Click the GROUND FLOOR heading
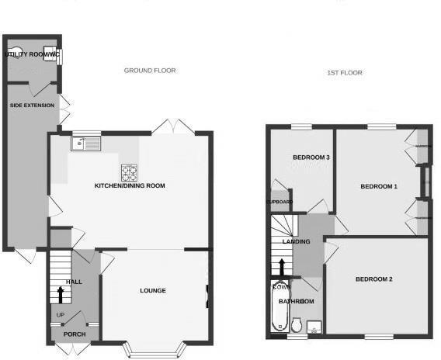point(150,71)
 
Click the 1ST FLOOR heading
point(344,73)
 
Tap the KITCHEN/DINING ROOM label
point(130,186)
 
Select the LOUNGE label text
point(153,291)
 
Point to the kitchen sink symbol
point(85,144)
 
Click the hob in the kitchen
point(128,171)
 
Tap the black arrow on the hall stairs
point(61,294)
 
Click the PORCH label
point(75,334)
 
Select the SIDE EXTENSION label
point(33,104)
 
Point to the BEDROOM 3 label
point(311,158)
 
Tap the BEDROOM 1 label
point(379,187)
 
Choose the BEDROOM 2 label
point(374,279)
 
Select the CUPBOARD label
point(280,202)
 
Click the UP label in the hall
point(60,314)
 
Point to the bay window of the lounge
point(158,348)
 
